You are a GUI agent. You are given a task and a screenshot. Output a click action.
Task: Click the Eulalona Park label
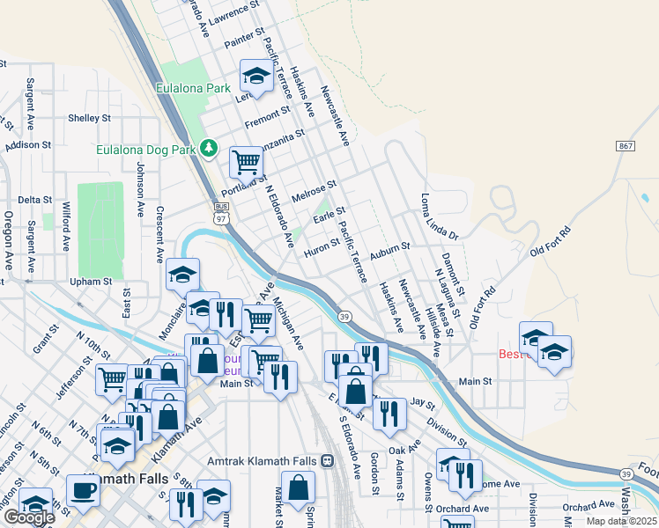coord(193,88)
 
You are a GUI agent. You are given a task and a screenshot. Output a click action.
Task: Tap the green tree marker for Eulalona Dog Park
coord(209,147)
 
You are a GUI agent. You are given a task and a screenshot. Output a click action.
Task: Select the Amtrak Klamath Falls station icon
coord(328,461)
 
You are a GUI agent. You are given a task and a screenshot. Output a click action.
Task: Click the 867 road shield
coord(626,145)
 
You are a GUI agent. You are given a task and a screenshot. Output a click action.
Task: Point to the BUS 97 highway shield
coord(219,212)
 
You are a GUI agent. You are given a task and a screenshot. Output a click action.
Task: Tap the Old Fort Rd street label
coord(551,240)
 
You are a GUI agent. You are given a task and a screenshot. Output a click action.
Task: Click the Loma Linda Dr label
coord(440,217)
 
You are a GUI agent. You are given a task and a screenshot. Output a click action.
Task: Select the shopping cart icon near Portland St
coord(246,161)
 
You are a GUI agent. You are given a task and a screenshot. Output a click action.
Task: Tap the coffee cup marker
coord(84,490)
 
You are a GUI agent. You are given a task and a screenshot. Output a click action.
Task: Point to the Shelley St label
coord(89,118)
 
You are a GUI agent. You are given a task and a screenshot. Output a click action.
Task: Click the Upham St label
coord(93,282)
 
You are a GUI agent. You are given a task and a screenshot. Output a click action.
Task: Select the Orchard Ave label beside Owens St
coord(462,509)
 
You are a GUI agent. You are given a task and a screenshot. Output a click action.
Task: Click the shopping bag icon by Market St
coord(300,488)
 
